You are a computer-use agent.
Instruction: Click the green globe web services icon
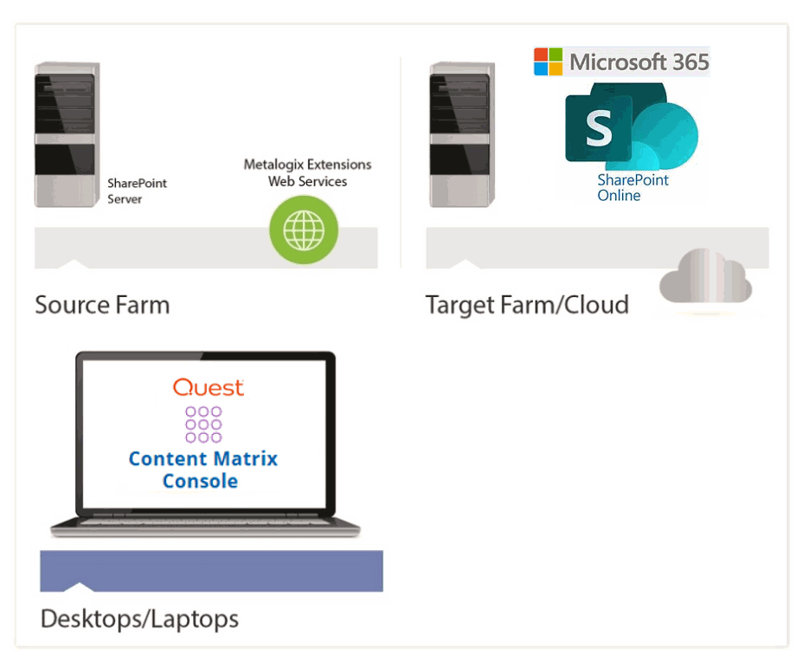coord(304,230)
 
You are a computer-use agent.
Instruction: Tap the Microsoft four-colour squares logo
coord(548,62)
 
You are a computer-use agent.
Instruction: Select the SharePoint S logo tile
coord(598,128)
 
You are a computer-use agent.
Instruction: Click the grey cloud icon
coord(705,277)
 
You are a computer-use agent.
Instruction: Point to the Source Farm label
coord(102,305)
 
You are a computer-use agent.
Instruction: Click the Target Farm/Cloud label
coord(526,305)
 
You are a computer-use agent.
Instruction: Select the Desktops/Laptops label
coord(139,619)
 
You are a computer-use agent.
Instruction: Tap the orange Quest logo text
coord(208,387)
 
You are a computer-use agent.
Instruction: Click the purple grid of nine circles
coord(203,424)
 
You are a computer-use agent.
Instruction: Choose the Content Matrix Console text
coord(202,469)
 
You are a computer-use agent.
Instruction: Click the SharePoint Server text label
coord(137,191)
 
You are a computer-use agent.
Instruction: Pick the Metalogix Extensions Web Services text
coord(307,172)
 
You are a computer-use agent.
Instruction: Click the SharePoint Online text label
coord(633,188)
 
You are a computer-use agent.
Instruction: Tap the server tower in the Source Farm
coord(65,134)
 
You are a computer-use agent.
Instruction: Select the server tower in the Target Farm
coord(462,134)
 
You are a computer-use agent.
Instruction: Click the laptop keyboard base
coord(205,525)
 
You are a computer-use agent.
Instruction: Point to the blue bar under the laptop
coord(211,572)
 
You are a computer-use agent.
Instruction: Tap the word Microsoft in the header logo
coord(618,62)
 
